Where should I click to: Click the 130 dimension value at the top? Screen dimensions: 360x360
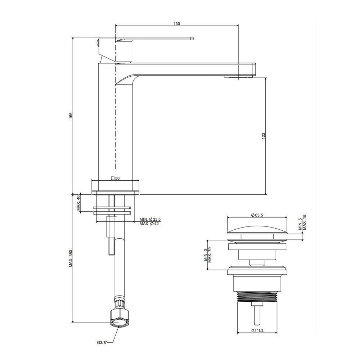177,24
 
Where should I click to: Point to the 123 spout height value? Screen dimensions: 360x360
264,136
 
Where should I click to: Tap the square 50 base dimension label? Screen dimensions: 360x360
115,179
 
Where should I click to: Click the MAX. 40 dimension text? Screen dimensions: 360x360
78,203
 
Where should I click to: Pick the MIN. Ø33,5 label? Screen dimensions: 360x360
150,220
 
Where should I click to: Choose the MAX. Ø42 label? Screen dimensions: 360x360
149,224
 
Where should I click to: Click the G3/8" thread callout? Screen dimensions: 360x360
102,343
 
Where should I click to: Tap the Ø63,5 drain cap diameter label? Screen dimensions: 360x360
257,215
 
